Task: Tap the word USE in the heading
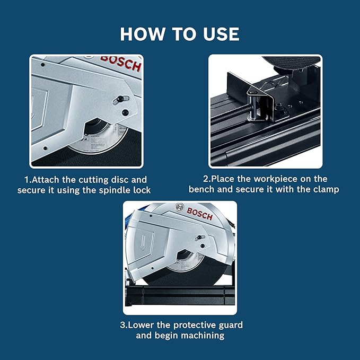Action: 217,34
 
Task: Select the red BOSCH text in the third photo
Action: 200,214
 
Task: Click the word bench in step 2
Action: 202,189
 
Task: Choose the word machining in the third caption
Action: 202,335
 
